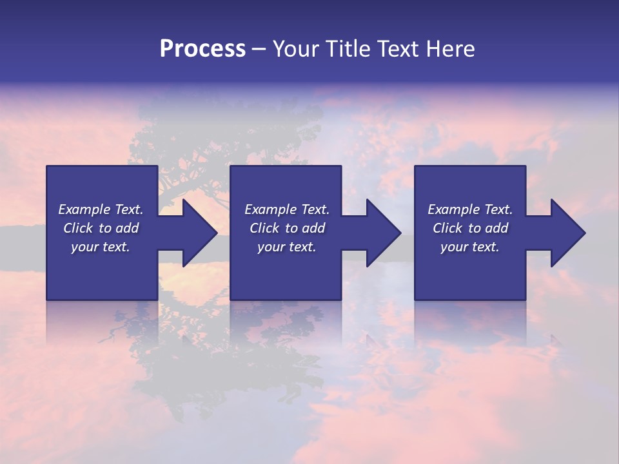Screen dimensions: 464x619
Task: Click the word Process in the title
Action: (x=202, y=49)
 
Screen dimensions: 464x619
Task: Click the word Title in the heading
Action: (x=347, y=49)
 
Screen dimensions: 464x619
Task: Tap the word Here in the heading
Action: (x=451, y=49)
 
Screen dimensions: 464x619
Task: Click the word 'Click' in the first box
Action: (x=78, y=228)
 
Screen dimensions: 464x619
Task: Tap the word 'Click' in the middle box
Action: (x=264, y=228)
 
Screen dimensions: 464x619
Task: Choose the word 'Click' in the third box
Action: (x=447, y=228)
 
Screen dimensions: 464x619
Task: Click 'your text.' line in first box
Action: (x=101, y=247)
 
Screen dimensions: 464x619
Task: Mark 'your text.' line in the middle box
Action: (x=287, y=247)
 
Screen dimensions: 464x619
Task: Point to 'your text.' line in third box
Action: (x=470, y=247)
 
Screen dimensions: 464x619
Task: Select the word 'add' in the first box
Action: (x=126, y=228)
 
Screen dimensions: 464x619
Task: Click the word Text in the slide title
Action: (x=399, y=49)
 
